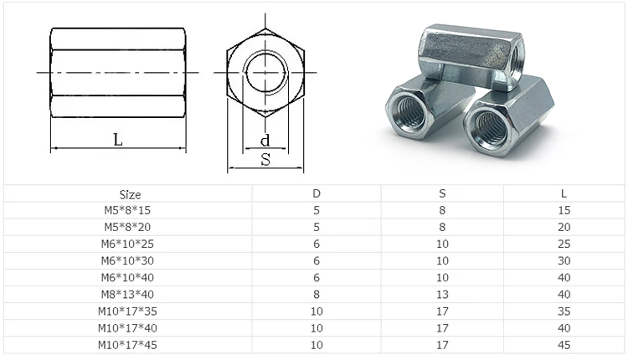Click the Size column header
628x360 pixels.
(131, 193)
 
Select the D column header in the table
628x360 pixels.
(317, 193)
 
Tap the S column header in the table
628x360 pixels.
(442, 193)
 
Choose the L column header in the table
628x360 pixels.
(564, 193)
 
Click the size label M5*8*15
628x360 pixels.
(131, 210)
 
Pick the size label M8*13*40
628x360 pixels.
(131, 294)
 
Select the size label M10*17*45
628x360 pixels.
(131, 344)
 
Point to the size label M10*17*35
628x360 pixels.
(131, 311)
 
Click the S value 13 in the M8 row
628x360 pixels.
(442, 294)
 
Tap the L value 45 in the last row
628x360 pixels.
(564, 344)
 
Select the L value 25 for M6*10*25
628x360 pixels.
(564, 244)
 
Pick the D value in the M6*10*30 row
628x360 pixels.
(317, 260)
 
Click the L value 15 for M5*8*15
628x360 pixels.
(564, 210)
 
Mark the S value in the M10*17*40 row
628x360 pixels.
(442, 327)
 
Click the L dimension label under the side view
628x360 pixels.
(118, 140)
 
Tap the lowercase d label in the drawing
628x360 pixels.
(265, 140)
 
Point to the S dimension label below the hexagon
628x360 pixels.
(265, 159)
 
